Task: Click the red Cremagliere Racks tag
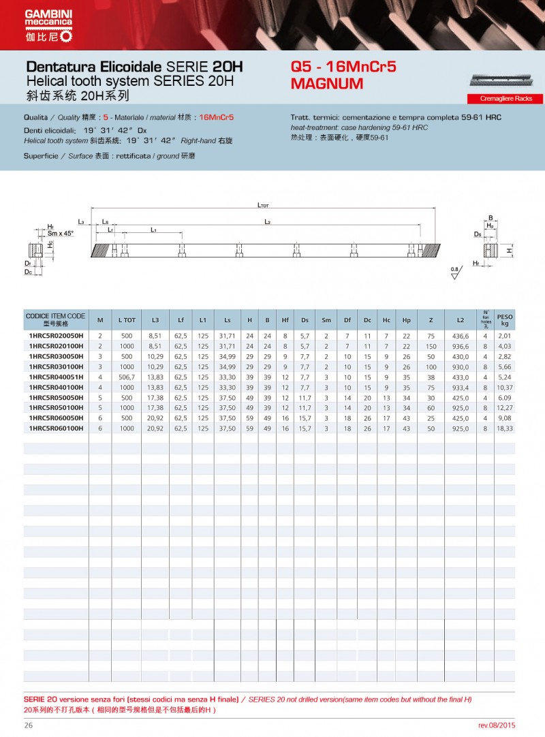[505, 99]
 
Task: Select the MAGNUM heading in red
[326, 84]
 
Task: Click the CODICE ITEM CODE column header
[55, 319]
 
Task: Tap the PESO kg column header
[505, 319]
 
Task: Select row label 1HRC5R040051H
[55, 377]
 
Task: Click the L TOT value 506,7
[127, 377]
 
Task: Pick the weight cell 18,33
[505, 428]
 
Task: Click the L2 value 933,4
[461, 387]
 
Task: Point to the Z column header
[431, 319]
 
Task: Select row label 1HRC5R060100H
[55, 428]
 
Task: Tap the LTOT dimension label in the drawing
[263, 204]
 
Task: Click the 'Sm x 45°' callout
[59, 233]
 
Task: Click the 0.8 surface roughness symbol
[455, 273]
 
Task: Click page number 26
[29, 725]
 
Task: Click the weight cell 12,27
[505, 407]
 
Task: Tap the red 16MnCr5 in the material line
[216, 117]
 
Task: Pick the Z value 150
[431, 346]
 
